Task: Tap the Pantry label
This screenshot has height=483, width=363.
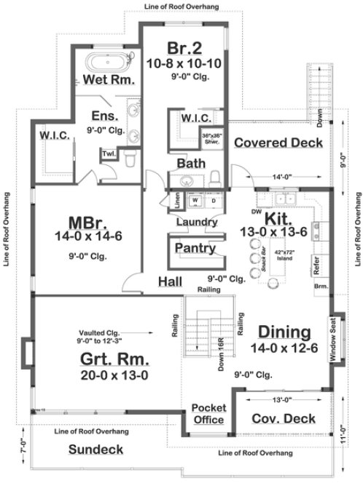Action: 195,249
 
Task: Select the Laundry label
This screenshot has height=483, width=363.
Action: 196,221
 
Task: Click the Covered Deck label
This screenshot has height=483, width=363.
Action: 278,143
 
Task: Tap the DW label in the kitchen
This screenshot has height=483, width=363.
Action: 256,213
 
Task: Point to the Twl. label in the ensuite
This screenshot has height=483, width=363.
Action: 108,155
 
